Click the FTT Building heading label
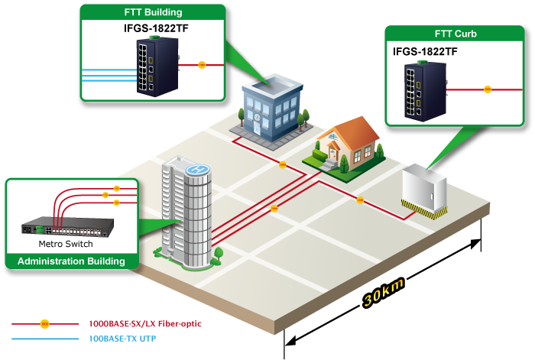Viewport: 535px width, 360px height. [x=153, y=13]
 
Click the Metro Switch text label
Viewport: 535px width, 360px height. [x=66, y=245]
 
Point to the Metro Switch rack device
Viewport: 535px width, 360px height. [x=68, y=227]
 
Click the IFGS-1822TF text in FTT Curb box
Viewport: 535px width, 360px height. [x=425, y=52]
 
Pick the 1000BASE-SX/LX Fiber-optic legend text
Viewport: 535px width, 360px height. [x=145, y=324]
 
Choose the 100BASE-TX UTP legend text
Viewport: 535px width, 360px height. [x=122, y=338]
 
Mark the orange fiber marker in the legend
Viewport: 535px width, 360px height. [x=44, y=324]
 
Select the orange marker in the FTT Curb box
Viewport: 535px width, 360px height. [x=488, y=89]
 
